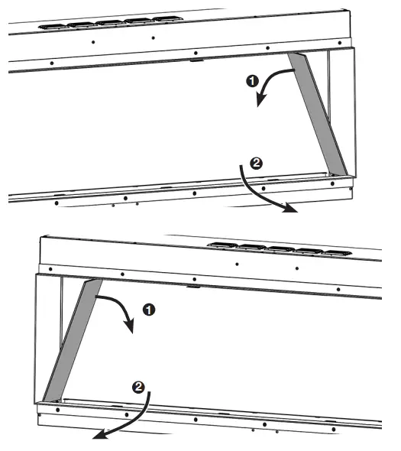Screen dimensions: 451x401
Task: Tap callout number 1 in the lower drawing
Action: (150, 310)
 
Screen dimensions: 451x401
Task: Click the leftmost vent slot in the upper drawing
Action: (51, 25)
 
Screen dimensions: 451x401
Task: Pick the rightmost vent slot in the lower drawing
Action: (337, 252)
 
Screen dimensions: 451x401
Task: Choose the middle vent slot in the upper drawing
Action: (108, 21)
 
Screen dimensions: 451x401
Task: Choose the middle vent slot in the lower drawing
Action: (280, 248)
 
